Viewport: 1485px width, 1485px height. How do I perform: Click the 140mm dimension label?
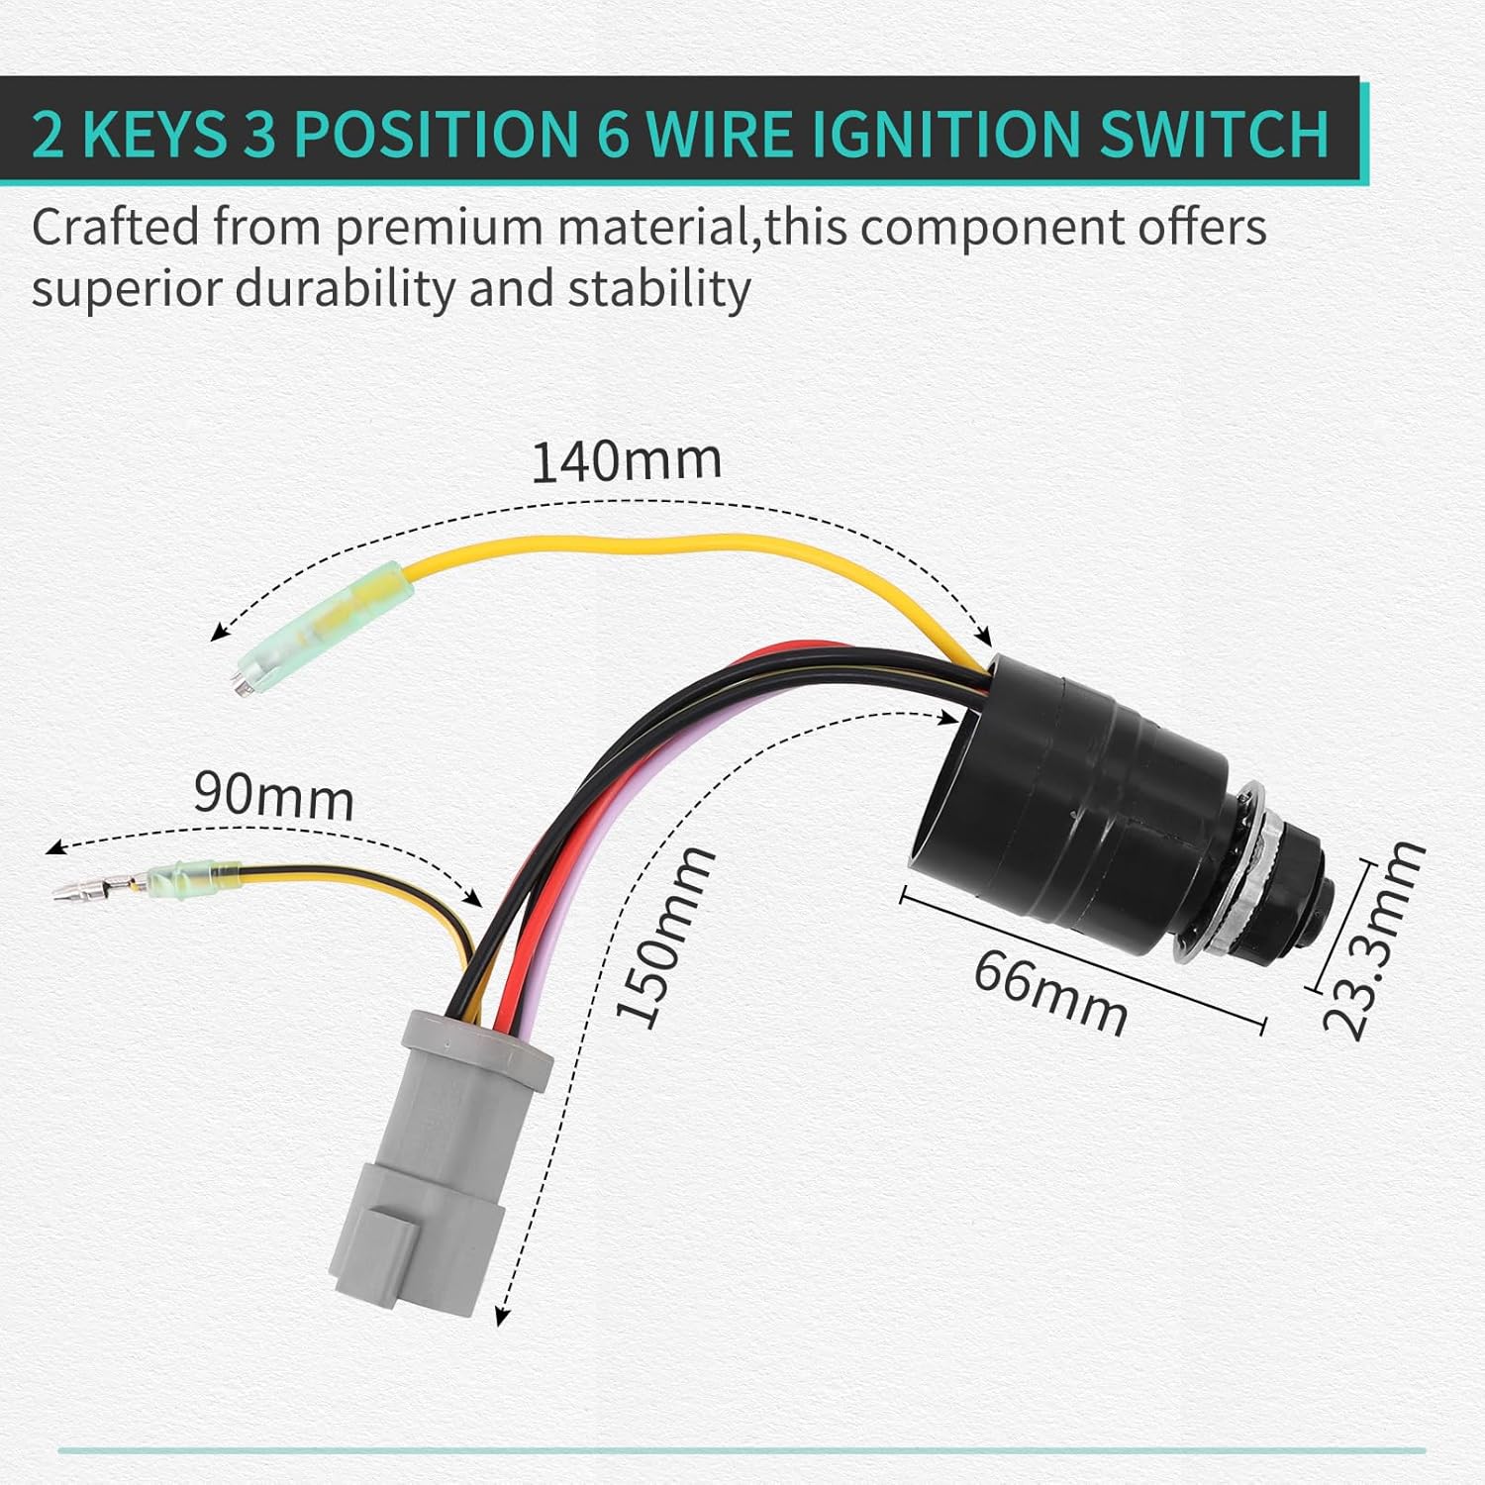(x=627, y=461)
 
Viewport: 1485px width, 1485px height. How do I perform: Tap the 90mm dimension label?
(x=273, y=797)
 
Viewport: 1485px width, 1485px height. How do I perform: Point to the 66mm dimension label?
(x=1050, y=993)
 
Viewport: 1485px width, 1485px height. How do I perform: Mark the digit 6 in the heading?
(x=614, y=134)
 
